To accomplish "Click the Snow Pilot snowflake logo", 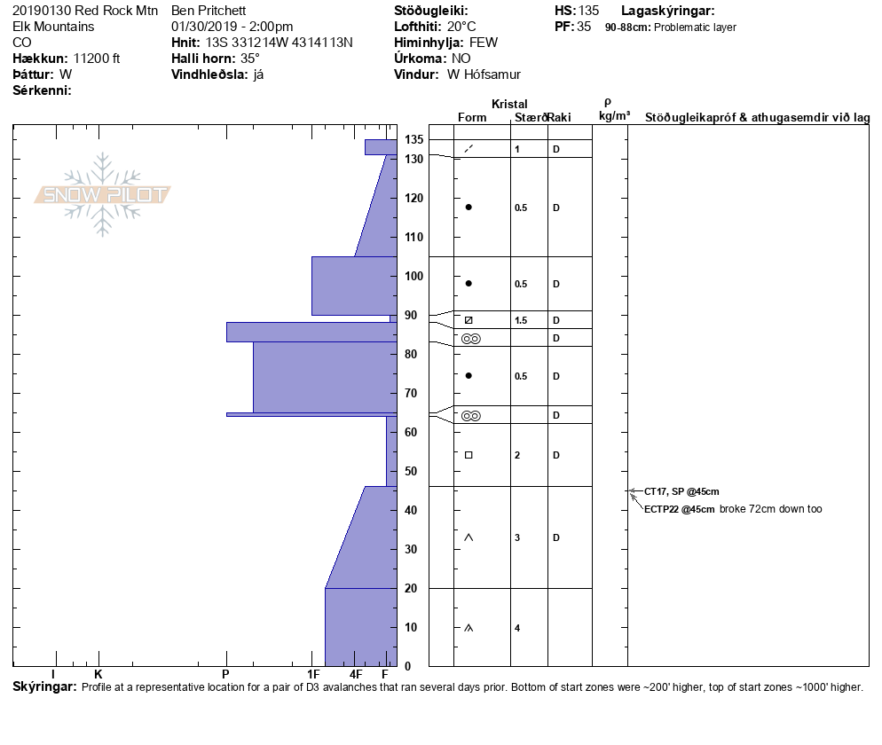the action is [x=102, y=194].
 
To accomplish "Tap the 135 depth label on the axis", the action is [x=414, y=139].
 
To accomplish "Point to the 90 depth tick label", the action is [x=411, y=316].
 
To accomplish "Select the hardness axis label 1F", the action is [x=313, y=674].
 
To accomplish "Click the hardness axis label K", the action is [x=98, y=674].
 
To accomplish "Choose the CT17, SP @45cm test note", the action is [x=681, y=491].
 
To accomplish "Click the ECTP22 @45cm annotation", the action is [x=680, y=509].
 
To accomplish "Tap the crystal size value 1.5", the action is [x=521, y=320].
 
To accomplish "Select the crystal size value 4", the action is [x=517, y=628].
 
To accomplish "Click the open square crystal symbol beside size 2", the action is [x=469, y=455].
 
